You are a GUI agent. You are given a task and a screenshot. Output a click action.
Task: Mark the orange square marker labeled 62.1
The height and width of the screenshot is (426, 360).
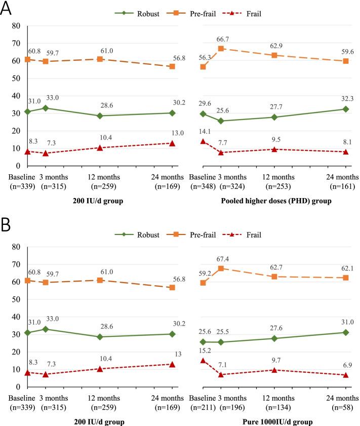(346, 278)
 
